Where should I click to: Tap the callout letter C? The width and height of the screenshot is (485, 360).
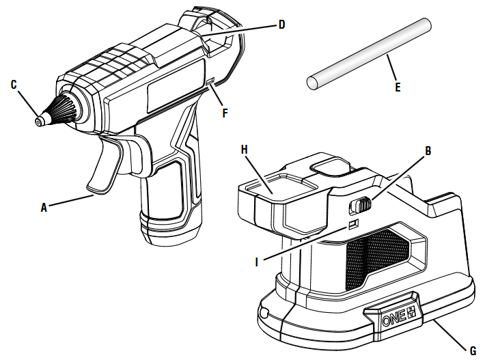(13, 84)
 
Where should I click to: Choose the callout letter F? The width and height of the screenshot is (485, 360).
(225, 113)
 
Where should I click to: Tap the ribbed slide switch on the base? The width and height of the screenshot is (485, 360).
(360, 204)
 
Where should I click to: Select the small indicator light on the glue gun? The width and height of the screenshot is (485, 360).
(210, 83)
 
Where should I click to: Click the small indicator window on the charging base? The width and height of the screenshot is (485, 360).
(352, 225)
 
